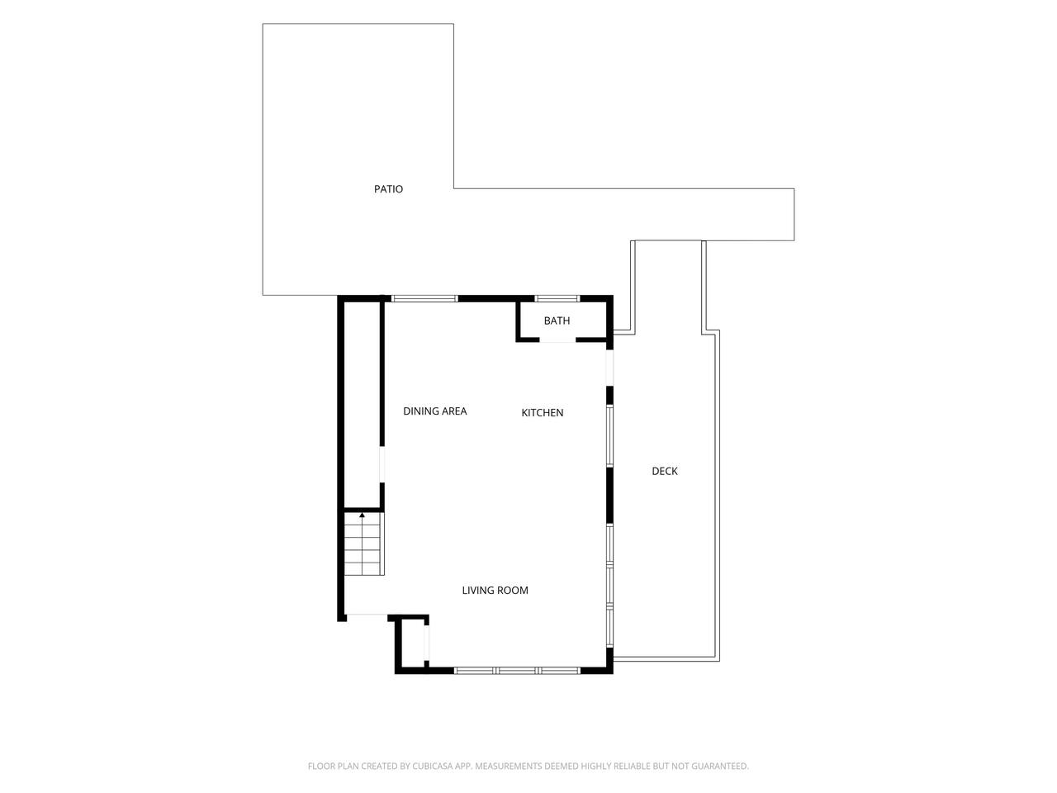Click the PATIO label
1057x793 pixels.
pyautogui.click(x=388, y=188)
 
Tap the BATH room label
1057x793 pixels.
pyautogui.click(x=557, y=321)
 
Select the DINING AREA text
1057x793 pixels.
pyautogui.click(x=435, y=411)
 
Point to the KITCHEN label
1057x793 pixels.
pyautogui.click(x=543, y=413)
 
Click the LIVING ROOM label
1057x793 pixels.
pyautogui.click(x=495, y=591)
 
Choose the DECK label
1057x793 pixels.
pyautogui.click(x=665, y=472)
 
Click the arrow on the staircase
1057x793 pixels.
pyautogui.click(x=362, y=521)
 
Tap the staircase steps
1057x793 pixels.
pyautogui.click(x=363, y=544)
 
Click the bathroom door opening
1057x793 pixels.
pyautogui.click(x=557, y=340)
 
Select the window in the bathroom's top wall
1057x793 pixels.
pyautogui.click(x=557, y=298)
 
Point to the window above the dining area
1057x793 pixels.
pyautogui.click(x=424, y=298)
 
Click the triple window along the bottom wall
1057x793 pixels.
pyautogui.click(x=517, y=670)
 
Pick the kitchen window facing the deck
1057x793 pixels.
pyautogui.click(x=609, y=436)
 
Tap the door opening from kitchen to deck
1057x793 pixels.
pyautogui.click(x=609, y=368)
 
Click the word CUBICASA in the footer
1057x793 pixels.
pyautogui.click(x=433, y=766)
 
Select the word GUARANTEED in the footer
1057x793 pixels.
pyautogui.click(x=721, y=766)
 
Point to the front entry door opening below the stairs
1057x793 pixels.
pyautogui.click(x=367, y=615)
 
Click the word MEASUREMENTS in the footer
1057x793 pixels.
pyautogui.click(x=508, y=766)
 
